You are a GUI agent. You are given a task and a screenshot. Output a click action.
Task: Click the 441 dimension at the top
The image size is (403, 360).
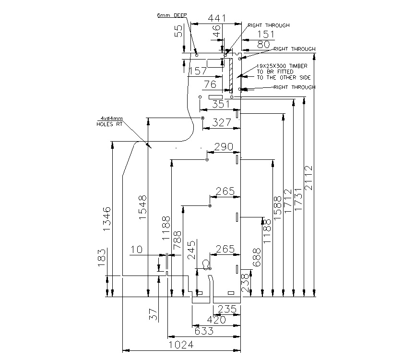(216, 18)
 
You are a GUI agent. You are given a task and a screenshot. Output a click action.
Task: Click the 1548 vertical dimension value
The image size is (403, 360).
(142, 207)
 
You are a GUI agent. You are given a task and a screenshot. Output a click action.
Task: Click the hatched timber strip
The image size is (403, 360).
(231, 74)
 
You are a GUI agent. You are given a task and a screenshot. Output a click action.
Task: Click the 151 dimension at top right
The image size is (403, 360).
(265, 35)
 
